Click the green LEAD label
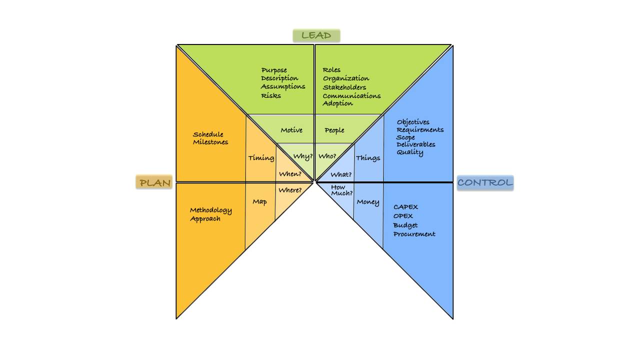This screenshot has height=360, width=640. pos(316,35)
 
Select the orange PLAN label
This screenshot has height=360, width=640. pos(154,182)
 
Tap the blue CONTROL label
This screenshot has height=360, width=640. pos(485,182)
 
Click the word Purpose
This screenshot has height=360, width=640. pos(274,70)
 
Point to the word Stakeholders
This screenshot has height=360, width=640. pos(344,87)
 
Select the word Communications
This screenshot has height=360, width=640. pos(351,95)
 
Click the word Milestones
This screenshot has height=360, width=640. pos(210,142)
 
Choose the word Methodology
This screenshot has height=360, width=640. pos(210,210)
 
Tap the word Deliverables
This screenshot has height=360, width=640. pos(416,144)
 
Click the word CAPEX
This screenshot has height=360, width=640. pos(405,207)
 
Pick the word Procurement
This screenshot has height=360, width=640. pos(414,234)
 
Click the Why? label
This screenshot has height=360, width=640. pos(303,156)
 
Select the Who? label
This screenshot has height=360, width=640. pos(327,156)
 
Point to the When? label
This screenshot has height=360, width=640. pos(290,174)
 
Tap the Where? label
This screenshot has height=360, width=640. pos(290,190)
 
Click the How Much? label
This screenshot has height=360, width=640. pos(342,190)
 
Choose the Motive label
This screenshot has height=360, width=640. pos(291,130)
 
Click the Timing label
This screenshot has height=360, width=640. pos(261,158)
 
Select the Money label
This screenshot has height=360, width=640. pos(367,202)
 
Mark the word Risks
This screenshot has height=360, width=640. pos(271,95)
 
